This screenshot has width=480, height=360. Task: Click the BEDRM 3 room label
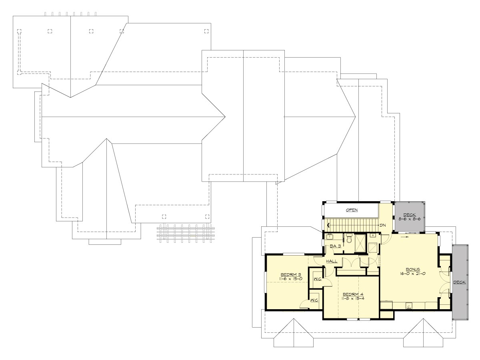tap(287, 274)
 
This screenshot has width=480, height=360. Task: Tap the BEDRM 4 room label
tap(351, 294)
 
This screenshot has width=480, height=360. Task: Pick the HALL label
tap(332, 261)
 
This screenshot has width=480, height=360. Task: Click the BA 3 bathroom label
tap(335, 246)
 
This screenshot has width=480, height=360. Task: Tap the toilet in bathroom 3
tap(349, 238)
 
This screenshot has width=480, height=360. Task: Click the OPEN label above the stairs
tap(352, 210)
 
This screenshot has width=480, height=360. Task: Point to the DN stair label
tap(382, 225)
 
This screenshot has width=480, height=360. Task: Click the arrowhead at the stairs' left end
tap(328, 225)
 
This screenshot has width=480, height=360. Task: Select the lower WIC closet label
tap(314, 300)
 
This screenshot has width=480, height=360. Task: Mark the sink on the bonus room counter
tap(409, 306)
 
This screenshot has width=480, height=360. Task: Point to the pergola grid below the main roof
tap(186, 232)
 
